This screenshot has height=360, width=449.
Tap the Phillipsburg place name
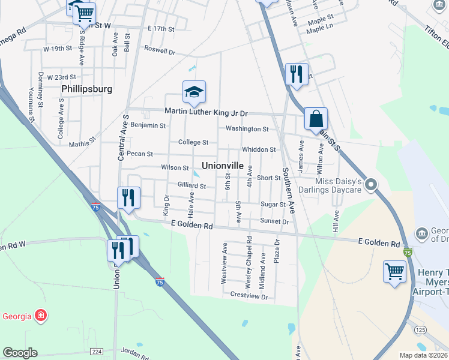86,89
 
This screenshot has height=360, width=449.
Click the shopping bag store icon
315,118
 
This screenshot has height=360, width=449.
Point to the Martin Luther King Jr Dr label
206,113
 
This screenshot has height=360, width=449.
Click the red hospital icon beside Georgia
41,315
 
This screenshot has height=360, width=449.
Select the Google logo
20,353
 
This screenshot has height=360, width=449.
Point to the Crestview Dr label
249,296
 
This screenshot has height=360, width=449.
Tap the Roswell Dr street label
159,52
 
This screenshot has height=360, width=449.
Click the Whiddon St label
258,149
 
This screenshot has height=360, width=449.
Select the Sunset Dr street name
275,221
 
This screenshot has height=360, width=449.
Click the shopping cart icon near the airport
394,271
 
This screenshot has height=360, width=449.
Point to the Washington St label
247,129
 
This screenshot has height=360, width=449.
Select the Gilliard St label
191,187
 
